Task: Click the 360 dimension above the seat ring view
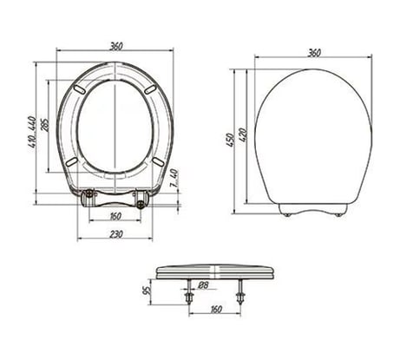115,46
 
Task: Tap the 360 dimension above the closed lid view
314,53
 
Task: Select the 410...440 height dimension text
32,132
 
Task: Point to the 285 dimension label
45,125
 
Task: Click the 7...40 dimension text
174,179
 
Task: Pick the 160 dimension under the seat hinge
115,216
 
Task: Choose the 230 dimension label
115,234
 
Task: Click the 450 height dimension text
231,140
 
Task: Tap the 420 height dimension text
243,135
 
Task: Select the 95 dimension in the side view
147,291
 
